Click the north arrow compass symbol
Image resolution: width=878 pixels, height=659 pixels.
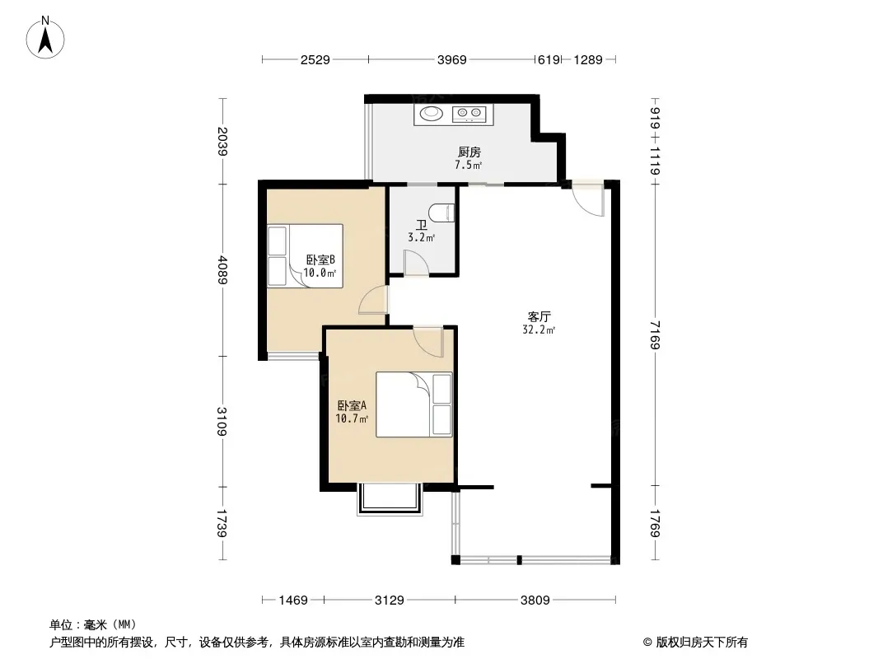45,38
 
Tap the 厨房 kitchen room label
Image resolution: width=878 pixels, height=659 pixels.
469,152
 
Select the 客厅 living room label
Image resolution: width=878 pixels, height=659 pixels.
539,316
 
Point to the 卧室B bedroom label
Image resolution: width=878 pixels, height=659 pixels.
320,259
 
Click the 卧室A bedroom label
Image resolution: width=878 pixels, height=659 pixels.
352,405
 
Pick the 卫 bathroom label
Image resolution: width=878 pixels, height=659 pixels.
421,225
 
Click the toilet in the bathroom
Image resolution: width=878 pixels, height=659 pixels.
441,213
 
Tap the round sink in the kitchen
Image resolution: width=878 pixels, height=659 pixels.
431,114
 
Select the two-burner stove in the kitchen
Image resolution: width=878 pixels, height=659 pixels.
469,115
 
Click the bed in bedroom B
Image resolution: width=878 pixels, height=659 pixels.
305,256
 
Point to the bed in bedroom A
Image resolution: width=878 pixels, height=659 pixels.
413,404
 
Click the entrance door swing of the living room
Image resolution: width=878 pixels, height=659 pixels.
589,199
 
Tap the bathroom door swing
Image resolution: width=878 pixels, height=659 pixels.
416,263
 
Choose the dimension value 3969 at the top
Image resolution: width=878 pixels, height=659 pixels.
452,59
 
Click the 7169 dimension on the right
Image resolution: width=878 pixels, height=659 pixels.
655,334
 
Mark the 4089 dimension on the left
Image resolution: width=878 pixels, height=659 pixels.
223,270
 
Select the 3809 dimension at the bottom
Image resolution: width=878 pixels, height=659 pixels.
535,601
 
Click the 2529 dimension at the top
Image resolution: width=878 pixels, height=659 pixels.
315,59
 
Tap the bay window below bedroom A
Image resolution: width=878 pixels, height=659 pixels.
390,499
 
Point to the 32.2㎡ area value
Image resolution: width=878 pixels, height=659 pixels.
539,329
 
